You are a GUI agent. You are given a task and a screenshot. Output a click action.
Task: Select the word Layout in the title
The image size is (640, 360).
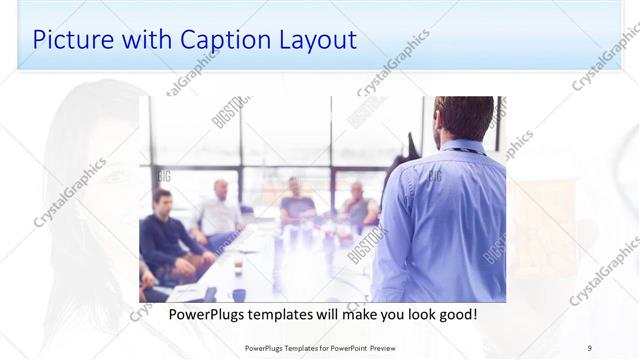[313, 40]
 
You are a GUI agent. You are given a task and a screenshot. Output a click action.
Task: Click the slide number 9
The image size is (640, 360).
[590, 348]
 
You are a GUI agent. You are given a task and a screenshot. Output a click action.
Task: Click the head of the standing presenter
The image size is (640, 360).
[464, 119]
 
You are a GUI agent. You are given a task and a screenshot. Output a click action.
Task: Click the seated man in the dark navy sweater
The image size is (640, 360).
[162, 235]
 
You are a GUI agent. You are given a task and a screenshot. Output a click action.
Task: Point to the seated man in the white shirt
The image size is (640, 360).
[218, 212]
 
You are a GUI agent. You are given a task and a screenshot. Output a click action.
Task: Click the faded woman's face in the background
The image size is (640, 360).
[100, 170]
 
